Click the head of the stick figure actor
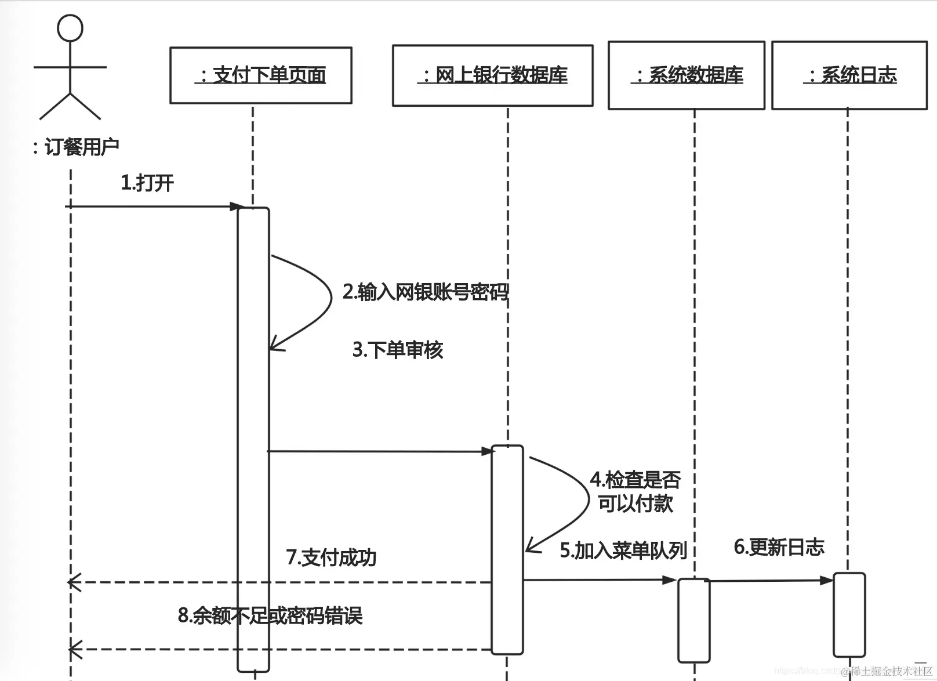click(70, 27)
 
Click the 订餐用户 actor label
click(76, 147)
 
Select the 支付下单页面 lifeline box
click(261, 75)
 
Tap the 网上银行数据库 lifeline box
click(492, 75)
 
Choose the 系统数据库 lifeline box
click(687, 75)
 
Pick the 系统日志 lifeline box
click(849, 75)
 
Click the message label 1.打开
click(147, 183)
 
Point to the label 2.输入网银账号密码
click(425, 292)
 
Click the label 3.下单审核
click(398, 350)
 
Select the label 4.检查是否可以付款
click(635, 492)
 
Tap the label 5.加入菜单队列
click(623, 550)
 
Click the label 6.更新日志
click(779, 547)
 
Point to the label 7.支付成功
click(331, 557)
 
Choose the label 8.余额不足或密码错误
click(270, 615)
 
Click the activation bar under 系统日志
click(849, 615)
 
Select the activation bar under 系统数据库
click(694, 620)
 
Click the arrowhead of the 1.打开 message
click(236, 207)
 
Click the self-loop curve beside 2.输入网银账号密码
click(331, 297)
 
